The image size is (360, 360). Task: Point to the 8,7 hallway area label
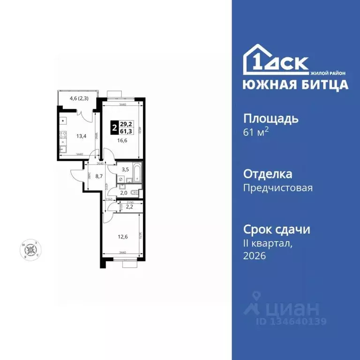pyautogui.click(x=99, y=176)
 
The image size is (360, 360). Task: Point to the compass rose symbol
pyautogui.click(x=32, y=248)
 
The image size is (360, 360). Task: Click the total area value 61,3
pyautogui.click(x=126, y=131)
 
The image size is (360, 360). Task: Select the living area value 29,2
pyautogui.click(x=126, y=124)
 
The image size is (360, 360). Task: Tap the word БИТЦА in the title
pyautogui.click(x=324, y=84)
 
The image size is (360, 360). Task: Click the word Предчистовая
pyautogui.click(x=277, y=188)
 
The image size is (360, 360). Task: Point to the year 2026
pyautogui.click(x=255, y=255)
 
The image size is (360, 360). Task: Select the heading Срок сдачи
pyautogui.click(x=277, y=230)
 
